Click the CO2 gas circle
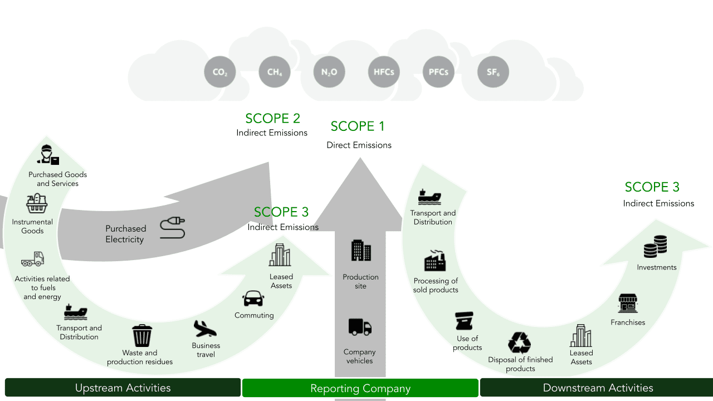[219, 72]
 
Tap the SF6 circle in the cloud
[493, 72]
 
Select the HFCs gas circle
[383, 72]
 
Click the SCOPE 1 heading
[358, 126]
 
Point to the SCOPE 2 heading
[272, 118]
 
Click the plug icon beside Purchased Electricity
[172, 228]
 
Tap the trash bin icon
[142, 336]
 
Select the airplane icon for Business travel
[205, 329]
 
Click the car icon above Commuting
[253, 299]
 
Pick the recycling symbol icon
[519, 343]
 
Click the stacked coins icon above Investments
[655, 247]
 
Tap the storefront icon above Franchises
[628, 304]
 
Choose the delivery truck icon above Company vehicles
[360, 327]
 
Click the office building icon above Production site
[361, 251]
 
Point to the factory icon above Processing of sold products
[435, 261]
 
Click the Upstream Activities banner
[123, 388]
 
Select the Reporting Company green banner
[360, 388]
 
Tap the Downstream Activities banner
[597, 388]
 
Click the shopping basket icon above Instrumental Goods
[37, 204]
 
